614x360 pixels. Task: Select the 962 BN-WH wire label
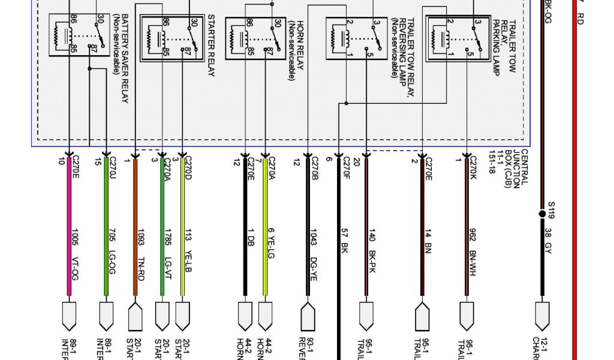[472, 248]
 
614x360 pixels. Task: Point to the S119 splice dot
[543, 214]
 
